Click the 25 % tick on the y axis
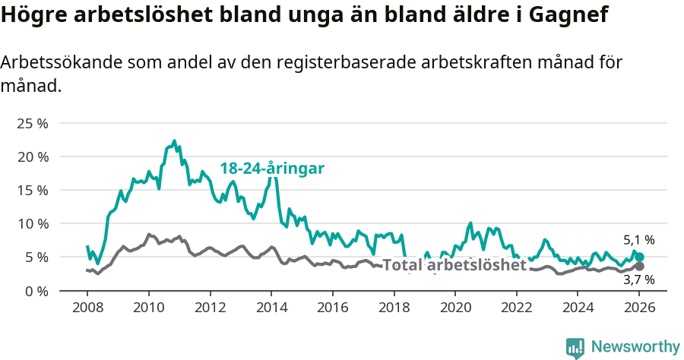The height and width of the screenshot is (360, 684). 32,123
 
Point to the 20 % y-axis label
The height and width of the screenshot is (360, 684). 32,156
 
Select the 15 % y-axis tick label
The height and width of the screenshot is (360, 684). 32,190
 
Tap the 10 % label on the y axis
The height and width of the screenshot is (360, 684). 32,223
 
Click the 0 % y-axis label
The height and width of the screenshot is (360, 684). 36,291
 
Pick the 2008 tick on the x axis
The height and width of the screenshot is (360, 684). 87,308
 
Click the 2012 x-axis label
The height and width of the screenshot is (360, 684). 210,308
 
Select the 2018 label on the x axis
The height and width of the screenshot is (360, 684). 394,308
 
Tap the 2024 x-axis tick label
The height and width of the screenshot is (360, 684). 578,308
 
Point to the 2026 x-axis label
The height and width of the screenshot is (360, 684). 640,308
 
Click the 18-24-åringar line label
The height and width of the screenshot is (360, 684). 272,169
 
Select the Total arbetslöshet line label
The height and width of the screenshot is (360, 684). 454,265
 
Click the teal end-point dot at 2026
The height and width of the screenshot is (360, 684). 640,257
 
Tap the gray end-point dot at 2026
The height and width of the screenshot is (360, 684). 640,267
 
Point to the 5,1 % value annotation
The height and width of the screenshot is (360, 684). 638,240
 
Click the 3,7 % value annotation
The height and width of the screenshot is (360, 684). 638,280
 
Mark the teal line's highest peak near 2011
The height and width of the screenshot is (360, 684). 174,141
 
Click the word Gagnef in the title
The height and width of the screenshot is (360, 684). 568,15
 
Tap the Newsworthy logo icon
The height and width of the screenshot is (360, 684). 575,347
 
